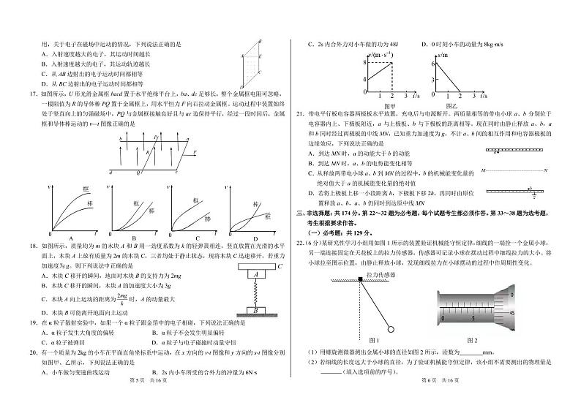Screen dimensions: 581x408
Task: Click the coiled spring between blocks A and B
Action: coord(255,292)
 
